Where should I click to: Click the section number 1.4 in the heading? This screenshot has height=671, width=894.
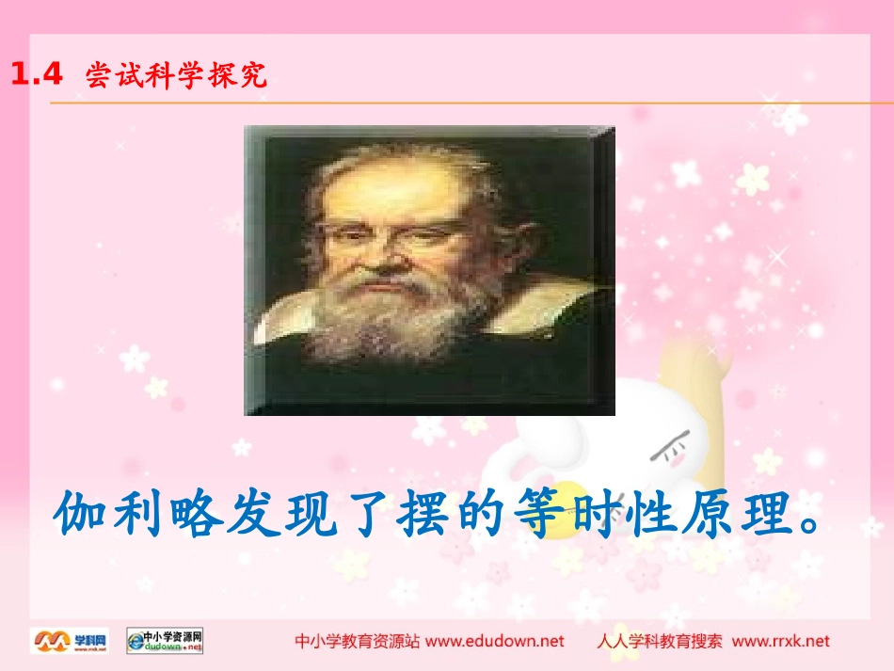36,75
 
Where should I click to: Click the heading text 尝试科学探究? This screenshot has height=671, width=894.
176,75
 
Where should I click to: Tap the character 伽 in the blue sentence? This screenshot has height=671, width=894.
83,513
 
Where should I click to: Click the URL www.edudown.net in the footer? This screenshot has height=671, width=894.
495,641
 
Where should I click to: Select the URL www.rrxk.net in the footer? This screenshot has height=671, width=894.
781,641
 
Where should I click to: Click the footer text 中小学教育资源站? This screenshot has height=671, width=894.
358,641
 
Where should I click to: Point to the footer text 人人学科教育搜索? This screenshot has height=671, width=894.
660,641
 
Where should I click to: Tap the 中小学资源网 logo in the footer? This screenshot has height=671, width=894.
165,641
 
